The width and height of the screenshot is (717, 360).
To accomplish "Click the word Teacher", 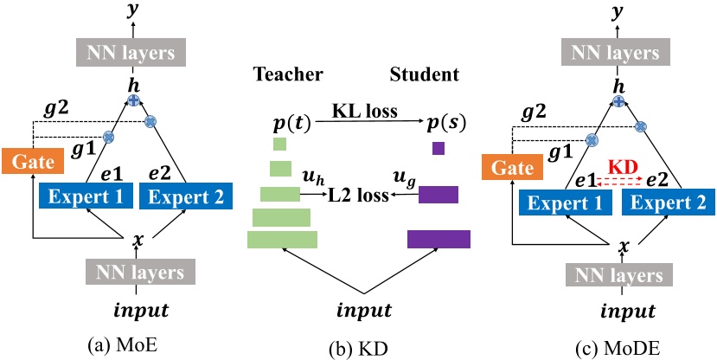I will coord(282,74).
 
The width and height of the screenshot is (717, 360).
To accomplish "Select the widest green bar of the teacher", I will coord(282,240).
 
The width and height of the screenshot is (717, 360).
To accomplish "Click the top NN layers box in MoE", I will coord(134,54).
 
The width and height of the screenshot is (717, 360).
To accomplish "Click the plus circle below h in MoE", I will coord(134,101).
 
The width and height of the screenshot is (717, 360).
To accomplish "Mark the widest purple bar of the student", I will coord(439,239).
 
